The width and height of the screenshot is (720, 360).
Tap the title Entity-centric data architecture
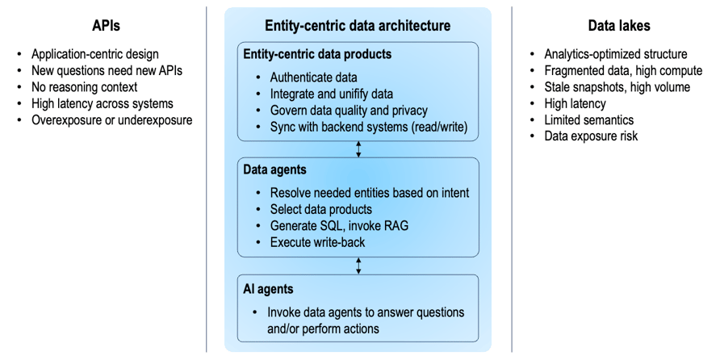[358, 26]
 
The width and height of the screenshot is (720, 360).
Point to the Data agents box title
[275, 170]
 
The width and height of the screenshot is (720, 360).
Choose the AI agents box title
[269, 288]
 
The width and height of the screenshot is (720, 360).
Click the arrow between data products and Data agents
[358, 149]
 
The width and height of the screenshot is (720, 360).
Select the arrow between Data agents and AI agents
[358, 266]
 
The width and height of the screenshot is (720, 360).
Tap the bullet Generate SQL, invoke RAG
[339, 225]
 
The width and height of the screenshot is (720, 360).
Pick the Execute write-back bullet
[317, 241]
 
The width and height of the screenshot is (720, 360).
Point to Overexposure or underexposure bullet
[111, 120]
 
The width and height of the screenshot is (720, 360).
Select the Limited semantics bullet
[588, 119]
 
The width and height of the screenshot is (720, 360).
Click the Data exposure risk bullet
[591, 136]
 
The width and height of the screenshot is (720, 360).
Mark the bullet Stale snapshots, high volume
[617, 87]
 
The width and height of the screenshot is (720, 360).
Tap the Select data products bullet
[321, 209]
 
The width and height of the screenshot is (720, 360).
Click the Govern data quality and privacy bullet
[349, 111]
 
